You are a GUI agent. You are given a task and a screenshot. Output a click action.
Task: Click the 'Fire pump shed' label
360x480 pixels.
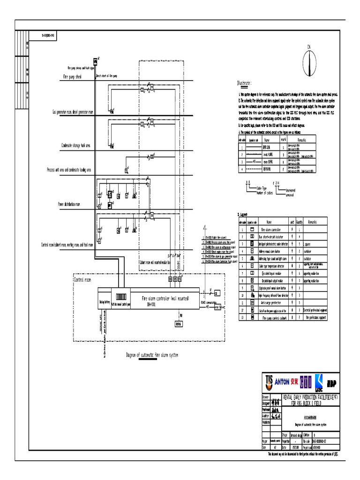tap(72, 76)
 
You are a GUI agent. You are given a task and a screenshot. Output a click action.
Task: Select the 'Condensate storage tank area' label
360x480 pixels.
tap(76, 145)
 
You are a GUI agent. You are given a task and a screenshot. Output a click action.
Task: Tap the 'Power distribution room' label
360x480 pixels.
tap(69, 204)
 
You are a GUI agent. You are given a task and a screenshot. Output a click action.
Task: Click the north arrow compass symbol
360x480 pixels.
tap(309, 61)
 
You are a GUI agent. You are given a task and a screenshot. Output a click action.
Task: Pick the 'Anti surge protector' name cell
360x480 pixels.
tap(272, 303)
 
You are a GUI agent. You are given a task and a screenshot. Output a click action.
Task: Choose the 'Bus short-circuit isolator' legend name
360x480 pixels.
tap(272, 237)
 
